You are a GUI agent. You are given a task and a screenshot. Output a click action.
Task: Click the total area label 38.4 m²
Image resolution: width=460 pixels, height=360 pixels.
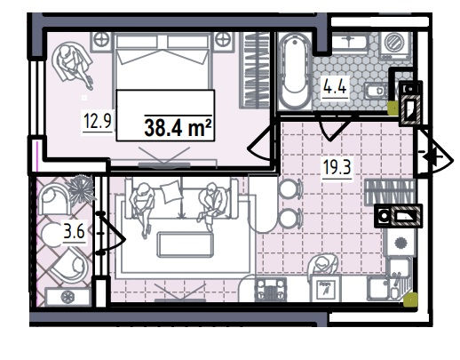178,128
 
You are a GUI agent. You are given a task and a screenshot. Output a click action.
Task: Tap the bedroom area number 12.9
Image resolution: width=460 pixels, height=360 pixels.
98,121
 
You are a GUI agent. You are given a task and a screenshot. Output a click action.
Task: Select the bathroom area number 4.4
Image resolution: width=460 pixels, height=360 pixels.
335,86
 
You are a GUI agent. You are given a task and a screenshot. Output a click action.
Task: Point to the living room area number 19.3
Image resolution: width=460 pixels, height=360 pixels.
337,167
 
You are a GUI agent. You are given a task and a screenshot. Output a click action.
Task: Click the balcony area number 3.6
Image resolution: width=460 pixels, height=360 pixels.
75,231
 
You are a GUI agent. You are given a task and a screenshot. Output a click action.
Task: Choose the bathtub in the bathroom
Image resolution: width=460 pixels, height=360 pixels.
295,71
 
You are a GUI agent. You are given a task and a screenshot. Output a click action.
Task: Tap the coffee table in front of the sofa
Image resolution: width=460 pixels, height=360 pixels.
186,244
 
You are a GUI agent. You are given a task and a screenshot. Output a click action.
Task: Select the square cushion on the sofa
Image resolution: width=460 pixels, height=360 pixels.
171,192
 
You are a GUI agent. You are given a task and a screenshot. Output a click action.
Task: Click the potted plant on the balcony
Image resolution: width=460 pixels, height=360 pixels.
80,189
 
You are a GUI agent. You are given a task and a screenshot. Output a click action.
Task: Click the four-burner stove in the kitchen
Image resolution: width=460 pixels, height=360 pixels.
271,290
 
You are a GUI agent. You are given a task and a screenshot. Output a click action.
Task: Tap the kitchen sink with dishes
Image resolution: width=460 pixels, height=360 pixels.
388,287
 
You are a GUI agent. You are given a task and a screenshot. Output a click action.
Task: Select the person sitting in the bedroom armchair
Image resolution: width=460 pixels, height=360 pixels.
74,66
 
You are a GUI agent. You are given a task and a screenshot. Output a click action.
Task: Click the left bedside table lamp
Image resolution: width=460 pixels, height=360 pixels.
102,40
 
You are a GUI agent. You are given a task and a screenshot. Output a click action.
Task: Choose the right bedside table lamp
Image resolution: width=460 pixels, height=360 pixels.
222,40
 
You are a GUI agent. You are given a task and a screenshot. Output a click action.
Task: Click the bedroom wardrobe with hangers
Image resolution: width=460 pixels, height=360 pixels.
254,70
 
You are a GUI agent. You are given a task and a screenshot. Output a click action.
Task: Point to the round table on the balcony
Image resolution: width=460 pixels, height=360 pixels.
53,235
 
